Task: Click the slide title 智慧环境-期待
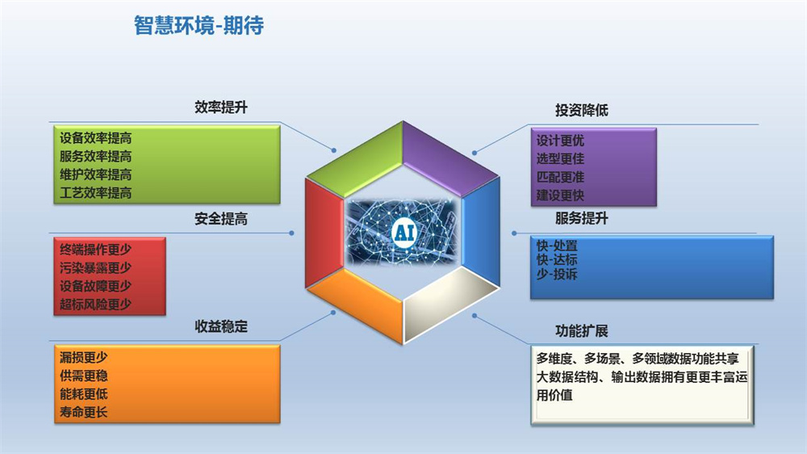click(x=199, y=25)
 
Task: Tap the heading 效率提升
click(x=221, y=107)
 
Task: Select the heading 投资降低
click(x=582, y=110)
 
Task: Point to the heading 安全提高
click(x=221, y=219)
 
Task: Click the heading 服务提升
click(x=582, y=218)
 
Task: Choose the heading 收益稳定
click(x=221, y=326)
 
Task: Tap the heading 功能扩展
click(x=582, y=331)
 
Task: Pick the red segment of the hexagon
click(x=324, y=233)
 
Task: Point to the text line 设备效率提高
click(x=96, y=138)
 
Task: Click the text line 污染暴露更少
click(x=96, y=268)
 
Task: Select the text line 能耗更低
click(x=83, y=394)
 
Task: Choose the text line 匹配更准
click(x=560, y=177)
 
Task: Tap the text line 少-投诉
click(x=557, y=274)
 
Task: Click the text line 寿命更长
click(x=83, y=412)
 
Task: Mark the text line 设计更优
click(x=560, y=141)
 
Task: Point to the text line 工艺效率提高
click(x=96, y=193)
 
